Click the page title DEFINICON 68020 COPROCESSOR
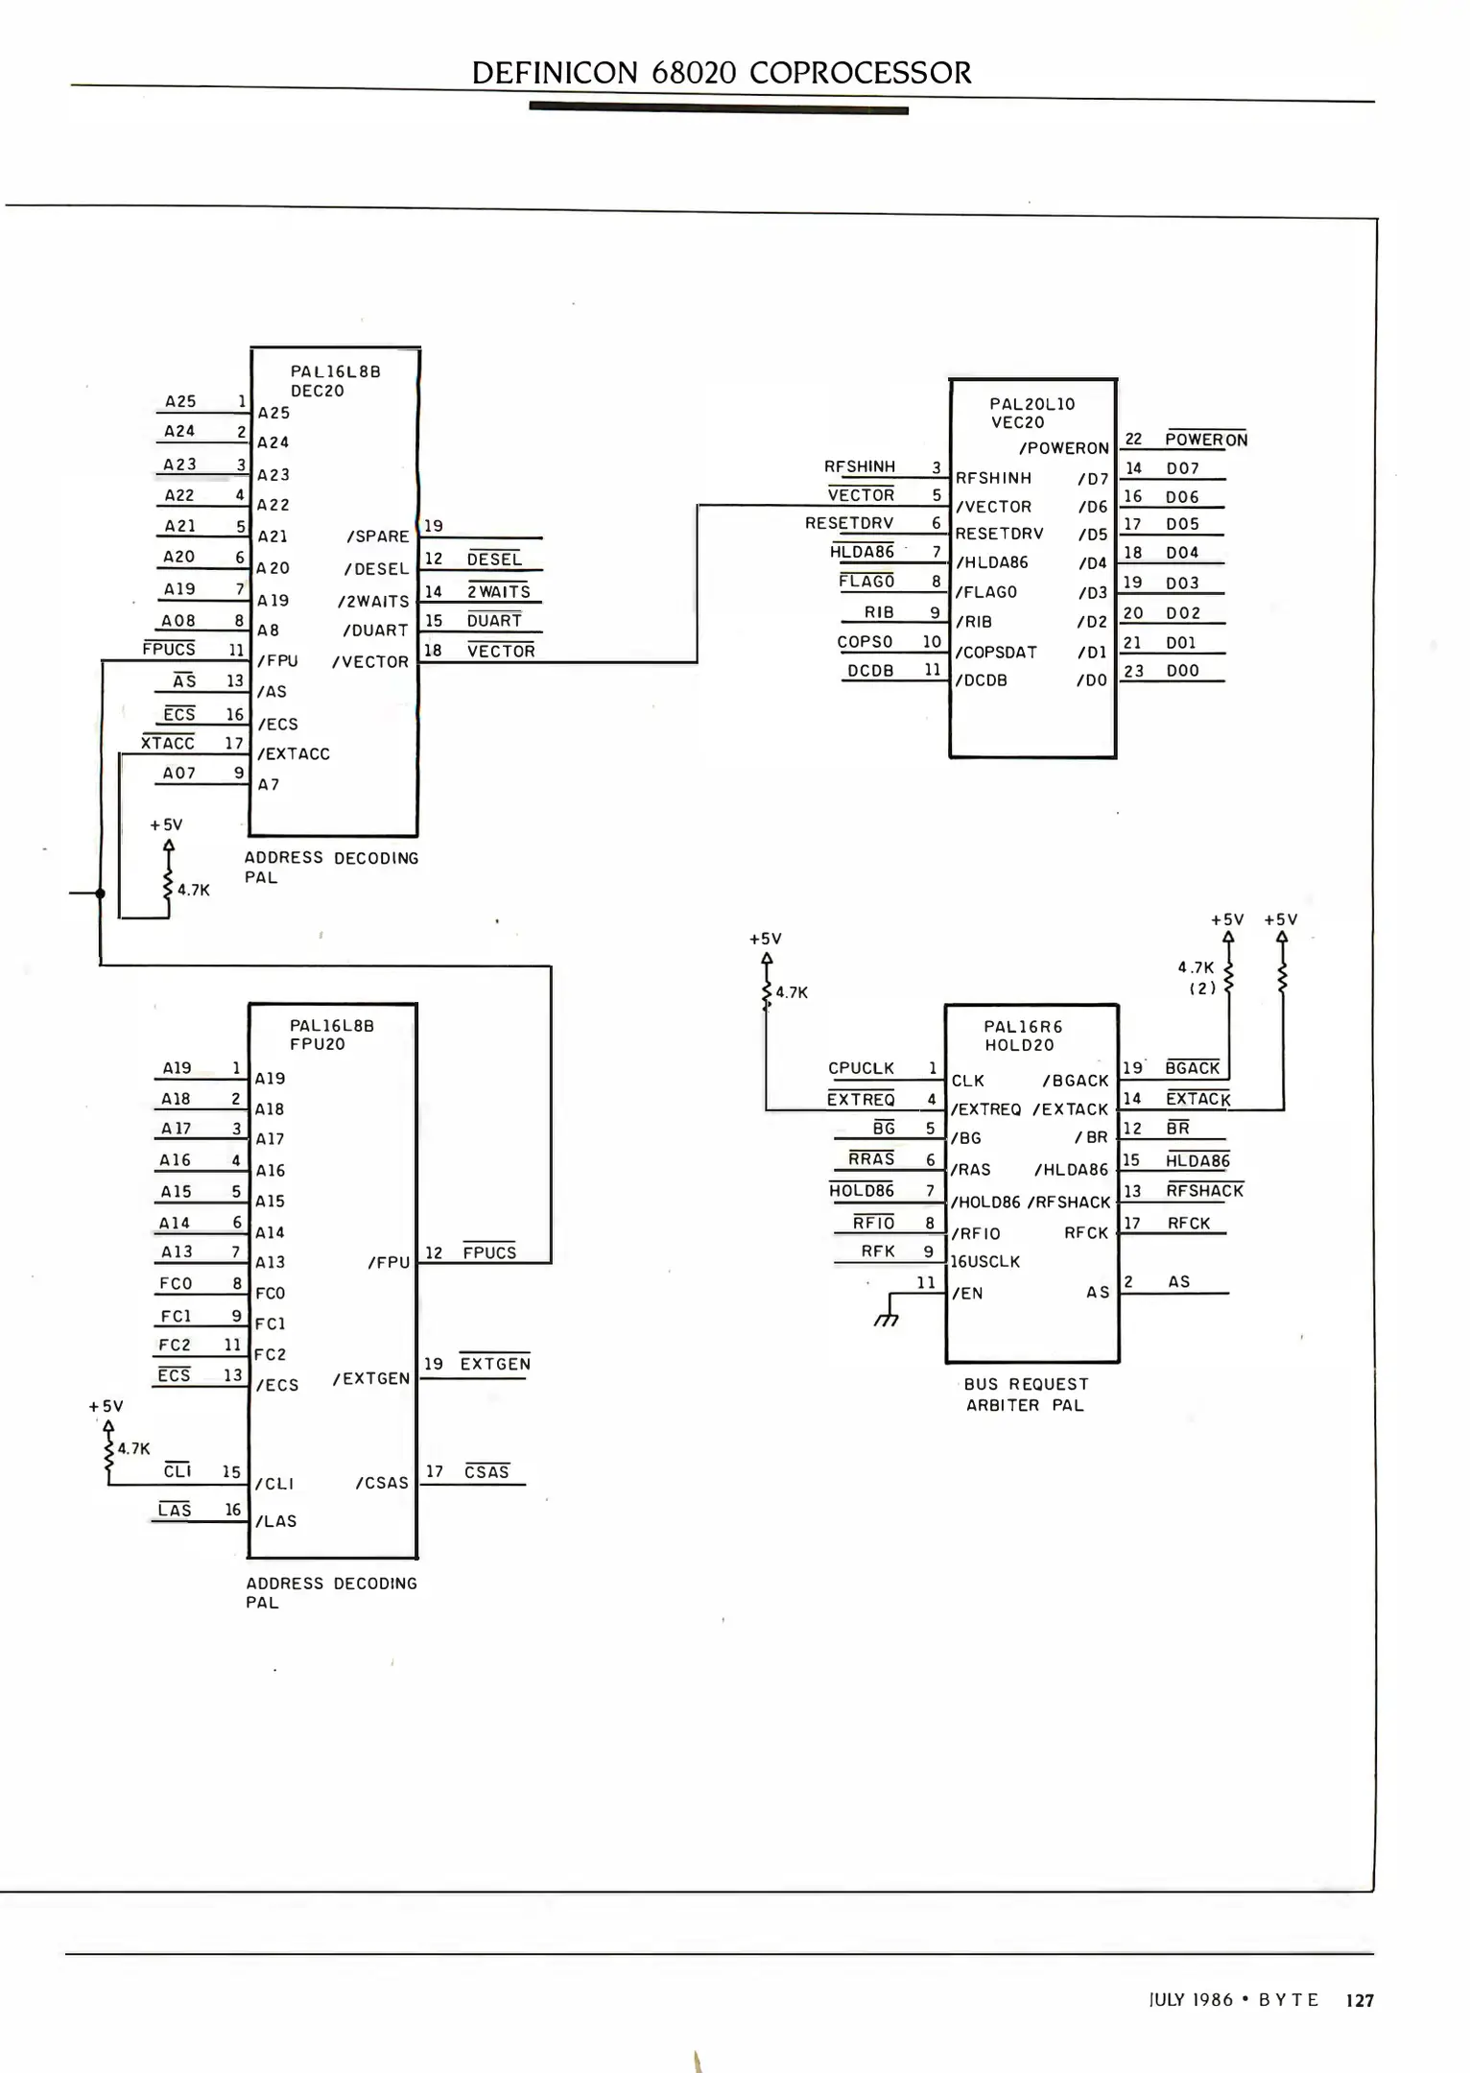(722, 73)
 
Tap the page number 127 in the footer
(1359, 2000)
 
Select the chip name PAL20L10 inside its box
(1031, 404)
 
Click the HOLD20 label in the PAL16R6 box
(1018, 1045)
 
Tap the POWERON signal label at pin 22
(1205, 440)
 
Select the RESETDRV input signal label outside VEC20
(849, 523)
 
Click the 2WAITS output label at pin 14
(499, 591)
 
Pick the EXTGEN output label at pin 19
(495, 1364)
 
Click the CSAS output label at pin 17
(486, 1472)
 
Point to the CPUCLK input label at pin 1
(861, 1068)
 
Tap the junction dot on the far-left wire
(100, 894)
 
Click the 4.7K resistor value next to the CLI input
(133, 1448)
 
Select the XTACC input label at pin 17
(168, 743)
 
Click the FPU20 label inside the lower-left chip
(317, 1044)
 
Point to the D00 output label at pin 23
(1182, 671)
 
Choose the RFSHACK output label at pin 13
(1204, 1191)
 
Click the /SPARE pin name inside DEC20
(377, 536)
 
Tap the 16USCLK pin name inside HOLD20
(984, 1261)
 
